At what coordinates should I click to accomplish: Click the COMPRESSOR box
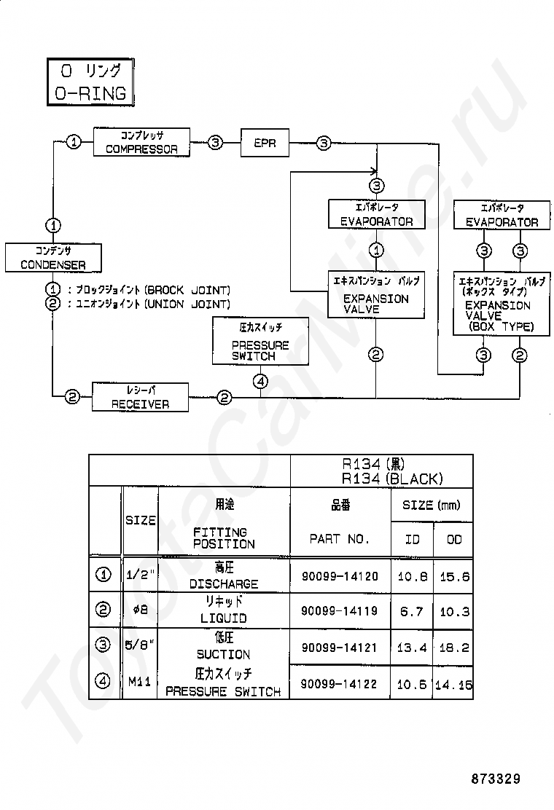[x=141, y=142]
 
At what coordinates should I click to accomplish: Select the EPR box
[x=265, y=143]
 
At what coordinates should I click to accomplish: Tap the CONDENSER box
[x=53, y=258]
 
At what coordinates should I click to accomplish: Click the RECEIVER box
[x=140, y=397]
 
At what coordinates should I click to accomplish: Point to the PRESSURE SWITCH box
[x=260, y=342]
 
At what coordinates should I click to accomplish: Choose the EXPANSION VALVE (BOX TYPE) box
[x=502, y=304]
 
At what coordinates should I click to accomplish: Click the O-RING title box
[x=90, y=82]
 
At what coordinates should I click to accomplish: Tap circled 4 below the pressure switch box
[x=260, y=382]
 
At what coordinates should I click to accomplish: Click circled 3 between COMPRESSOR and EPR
[x=216, y=143]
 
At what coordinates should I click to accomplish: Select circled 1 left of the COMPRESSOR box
[x=74, y=141]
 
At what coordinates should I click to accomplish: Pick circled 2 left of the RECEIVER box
[x=72, y=397]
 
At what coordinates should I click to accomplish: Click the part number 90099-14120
[x=340, y=576]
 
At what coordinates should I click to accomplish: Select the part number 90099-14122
[x=340, y=684]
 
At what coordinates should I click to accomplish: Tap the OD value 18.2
[x=454, y=648]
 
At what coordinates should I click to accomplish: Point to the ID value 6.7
[x=412, y=612]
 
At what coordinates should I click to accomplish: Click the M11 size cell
[x=139, y=682]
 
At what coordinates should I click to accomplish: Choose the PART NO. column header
[x=340, y=539]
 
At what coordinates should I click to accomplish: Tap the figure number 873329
[x=496, y=779]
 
